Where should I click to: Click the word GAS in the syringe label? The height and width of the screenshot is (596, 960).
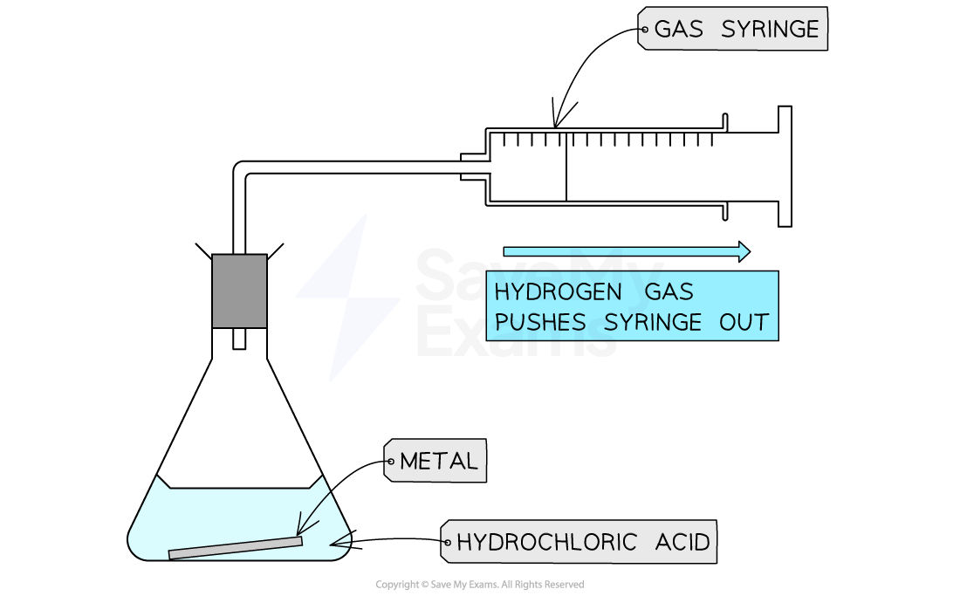[x=678, y=30]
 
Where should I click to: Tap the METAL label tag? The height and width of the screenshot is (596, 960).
[x=436, y=461]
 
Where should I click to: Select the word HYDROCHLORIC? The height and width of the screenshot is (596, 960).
[x=546, y=543]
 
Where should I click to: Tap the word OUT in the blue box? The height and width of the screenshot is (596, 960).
[x=744, y=322]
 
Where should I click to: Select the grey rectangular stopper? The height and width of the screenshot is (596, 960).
[x=239, y=291]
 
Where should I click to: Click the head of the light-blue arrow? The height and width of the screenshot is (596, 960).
[x=744, y=251]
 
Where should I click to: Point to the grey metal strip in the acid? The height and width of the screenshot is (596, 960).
[x=235, y=548]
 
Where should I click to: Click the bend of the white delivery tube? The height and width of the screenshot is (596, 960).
[x=242, y=171]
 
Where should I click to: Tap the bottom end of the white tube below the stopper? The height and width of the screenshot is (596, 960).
[x=239, y=343]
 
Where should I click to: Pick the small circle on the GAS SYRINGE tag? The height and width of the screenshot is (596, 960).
[x=644, y=30]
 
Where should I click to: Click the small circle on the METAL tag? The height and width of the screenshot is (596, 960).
[x=390, y=461]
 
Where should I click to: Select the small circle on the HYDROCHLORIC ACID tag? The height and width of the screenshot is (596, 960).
[x=447, y=543]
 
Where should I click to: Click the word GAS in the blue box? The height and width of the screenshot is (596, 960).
[x=669, y=291]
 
